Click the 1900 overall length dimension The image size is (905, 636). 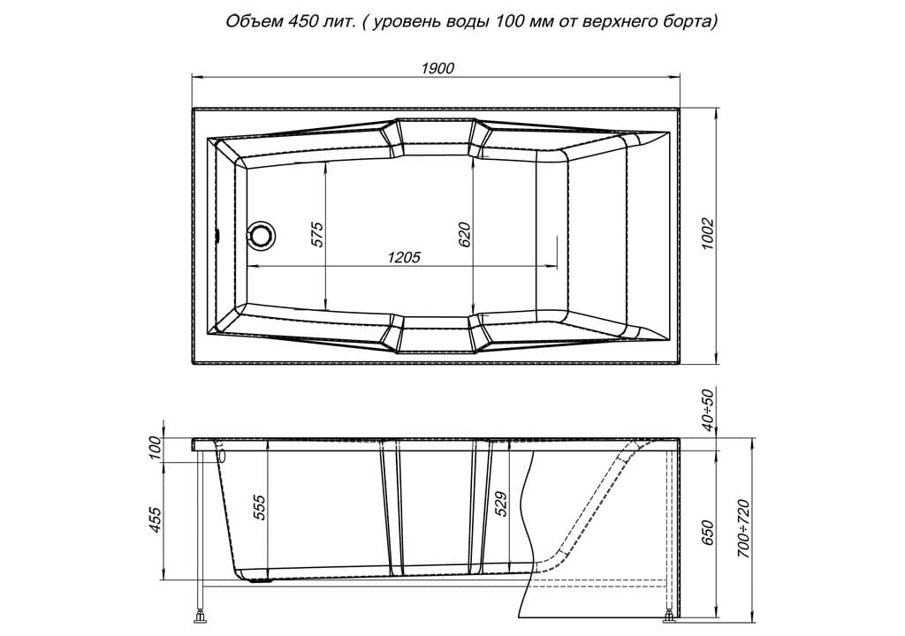pyautogui.click(x=437, y=68)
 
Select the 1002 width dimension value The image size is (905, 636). pyautogui.click(x=708, y=234)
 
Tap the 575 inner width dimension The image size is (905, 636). pyautogui.click(x=317, y=234)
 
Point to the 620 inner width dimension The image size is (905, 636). pyautogui.click(x=465, y=234)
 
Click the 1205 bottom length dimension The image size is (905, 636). pyautogui.click(x=403, y=257)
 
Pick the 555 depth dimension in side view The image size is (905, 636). pyautogui.click(x=261, y=507)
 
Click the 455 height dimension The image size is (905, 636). pyautogui.click(x=156, y=519)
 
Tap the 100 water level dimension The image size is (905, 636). pyautogui.click(x=156, y=448)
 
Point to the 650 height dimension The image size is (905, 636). pyautogui.click(x=708, y=532)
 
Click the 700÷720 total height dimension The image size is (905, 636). pyautogui.click(x=744, y=528)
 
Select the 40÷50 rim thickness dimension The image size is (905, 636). pyautogui.click(x=708, y=410)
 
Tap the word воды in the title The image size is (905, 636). pyautogui.click(x=472, y=23)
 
